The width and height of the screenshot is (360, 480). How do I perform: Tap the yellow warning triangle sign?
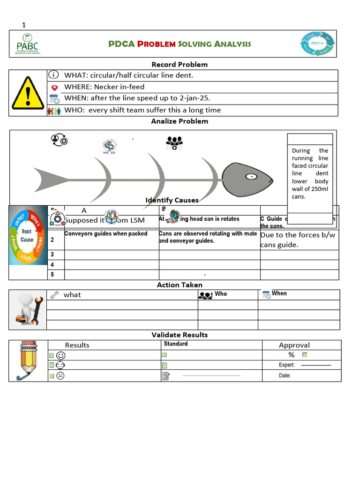(x=28, y=93)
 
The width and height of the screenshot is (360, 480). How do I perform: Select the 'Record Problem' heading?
(x=180, y=65)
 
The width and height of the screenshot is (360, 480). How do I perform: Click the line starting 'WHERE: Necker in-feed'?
(x=104, y=87)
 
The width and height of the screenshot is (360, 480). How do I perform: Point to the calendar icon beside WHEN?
(x=54, y=98)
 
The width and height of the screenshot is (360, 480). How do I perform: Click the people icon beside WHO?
(x=54, y=111)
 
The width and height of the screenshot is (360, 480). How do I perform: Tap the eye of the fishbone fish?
(x=252, y=177)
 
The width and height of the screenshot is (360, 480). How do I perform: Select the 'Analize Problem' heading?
(x=180, y=121)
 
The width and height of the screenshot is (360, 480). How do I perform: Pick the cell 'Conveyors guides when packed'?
(x=106, y=233)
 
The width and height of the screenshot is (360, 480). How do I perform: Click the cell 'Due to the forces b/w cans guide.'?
(x=298, y=240)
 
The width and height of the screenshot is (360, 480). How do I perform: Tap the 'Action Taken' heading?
(x=180, y=285)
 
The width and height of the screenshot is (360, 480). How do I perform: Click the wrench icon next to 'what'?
(x=54, y=295)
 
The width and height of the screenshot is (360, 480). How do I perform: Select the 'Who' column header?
(x=220, y=294)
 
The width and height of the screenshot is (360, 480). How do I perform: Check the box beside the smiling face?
(x=51, y=355)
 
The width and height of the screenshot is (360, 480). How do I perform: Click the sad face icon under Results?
(x=60, y=375)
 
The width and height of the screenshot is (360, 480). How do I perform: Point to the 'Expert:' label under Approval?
(x=286, y=365)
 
